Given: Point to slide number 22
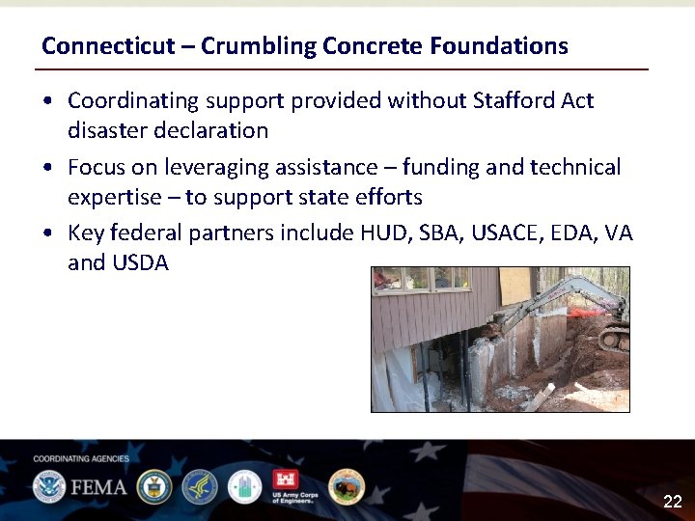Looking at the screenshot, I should pos(672,502).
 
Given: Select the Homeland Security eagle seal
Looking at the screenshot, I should pos(48,486).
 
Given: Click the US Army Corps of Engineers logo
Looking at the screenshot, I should pos(293,485).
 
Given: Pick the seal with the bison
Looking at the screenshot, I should pos(346,486).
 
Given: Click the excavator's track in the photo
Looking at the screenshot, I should pos(615,339).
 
